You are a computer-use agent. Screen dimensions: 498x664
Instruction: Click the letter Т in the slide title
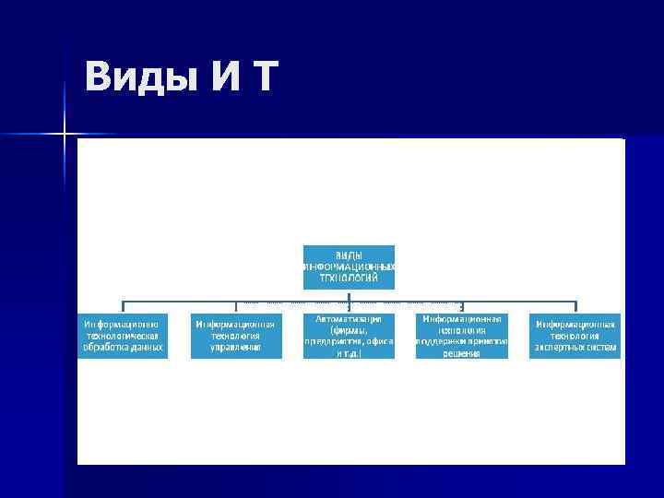point(262,77)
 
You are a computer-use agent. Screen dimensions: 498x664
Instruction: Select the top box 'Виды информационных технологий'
point(349,267)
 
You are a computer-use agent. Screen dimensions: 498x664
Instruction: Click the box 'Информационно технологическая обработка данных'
point(123,336)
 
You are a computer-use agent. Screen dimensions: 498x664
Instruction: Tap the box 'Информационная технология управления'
point(235,336)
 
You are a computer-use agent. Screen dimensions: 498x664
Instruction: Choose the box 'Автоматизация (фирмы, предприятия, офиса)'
point(349,336)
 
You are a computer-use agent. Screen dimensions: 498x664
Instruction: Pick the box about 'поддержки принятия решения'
point(461,336)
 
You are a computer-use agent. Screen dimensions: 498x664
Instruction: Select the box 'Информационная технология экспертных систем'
point(575,336)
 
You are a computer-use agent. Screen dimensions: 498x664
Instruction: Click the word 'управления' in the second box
point(235,348)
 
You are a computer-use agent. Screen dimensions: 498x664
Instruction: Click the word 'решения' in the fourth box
point(461,353)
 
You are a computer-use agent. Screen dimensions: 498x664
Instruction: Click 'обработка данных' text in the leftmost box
point(123,348)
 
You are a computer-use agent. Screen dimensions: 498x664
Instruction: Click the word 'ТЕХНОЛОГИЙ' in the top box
point(349,277)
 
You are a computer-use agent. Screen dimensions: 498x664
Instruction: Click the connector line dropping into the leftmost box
point(124,306)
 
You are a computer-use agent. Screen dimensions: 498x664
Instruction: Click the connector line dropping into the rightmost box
point(575,306)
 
